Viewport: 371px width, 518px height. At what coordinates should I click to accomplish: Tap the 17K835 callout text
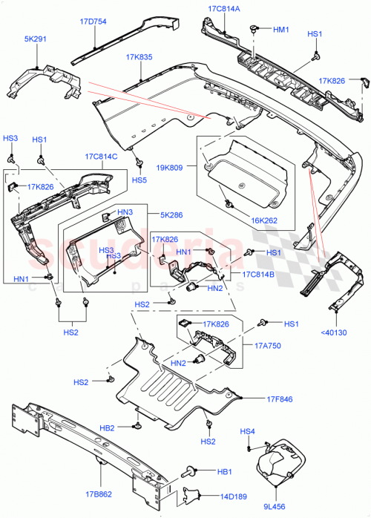click(x=139, y=57)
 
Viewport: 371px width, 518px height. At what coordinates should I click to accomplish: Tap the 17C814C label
click(x=101, y=157)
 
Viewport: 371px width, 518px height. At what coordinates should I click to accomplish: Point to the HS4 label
click(x=248, y=432)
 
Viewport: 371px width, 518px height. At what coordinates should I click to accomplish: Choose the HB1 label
click(x=225, y=471)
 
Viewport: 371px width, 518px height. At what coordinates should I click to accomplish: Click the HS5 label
click(x=139, y=180)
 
